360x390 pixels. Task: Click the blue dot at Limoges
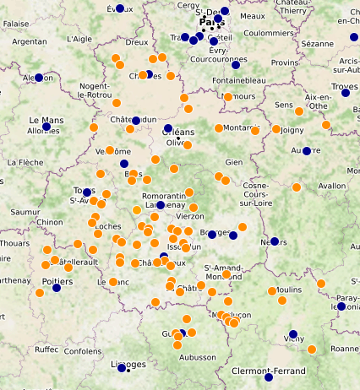point(122,368)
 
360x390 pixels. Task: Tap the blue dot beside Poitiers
point(57,288)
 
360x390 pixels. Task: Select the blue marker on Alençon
point(38,78)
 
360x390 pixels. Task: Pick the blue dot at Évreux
point(120,8)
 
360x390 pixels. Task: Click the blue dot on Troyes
point(345,94)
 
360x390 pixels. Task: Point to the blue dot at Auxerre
point(307,151)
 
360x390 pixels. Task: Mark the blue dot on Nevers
point(273,241)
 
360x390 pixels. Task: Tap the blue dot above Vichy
point(292,334)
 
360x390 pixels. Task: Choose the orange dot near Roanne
point(312,349)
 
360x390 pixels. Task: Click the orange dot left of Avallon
point(297,187)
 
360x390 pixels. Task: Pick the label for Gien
point(234,162)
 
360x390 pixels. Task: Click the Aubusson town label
point(198,357)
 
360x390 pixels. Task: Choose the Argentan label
point(30,41)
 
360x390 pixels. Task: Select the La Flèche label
point(25,161)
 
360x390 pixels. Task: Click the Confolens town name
point(82,351)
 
